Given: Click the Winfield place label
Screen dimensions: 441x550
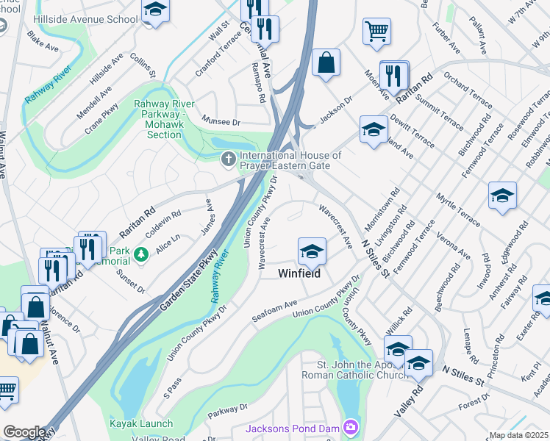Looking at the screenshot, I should coord(299,273).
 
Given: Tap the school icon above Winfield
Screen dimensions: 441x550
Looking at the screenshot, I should coord(312,251).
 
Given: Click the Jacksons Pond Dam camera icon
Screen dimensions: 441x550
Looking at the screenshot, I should coord(351,427).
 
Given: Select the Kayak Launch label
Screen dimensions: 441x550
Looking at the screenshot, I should coord(141,423).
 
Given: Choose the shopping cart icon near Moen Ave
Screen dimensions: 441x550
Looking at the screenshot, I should coord(376,32).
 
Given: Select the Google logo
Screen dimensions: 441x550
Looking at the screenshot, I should coord(24,432).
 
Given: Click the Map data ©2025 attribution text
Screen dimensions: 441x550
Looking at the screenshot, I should coord(518,435).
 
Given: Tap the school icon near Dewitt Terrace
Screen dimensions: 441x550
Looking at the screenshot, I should coord(374,129).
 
